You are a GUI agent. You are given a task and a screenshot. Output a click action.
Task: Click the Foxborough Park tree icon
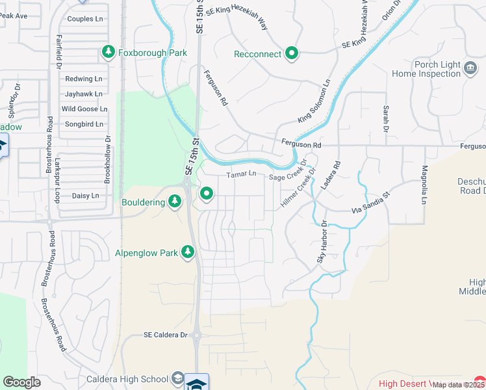click(x=109, y=52)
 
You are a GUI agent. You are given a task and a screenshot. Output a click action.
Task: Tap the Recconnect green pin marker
click(x=292, y=53)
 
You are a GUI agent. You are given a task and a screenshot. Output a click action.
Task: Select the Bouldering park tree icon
click(x=174, y=202)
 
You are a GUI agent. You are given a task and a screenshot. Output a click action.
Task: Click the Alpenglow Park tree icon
click(x=188, y=252)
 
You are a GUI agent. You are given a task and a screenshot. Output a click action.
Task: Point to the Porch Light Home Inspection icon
click(x=470, y=68)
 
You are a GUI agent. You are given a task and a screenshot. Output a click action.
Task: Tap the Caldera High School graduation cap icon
click(x=177, y=379)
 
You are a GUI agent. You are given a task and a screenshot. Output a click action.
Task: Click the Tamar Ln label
click(x=242, y=174)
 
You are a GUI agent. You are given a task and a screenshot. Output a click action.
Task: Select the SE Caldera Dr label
click(x=165, y=335)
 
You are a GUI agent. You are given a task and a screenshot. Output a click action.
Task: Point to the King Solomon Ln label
click(x=314, y=102)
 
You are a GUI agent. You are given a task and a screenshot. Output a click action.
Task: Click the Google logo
click(x=21, y=382)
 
